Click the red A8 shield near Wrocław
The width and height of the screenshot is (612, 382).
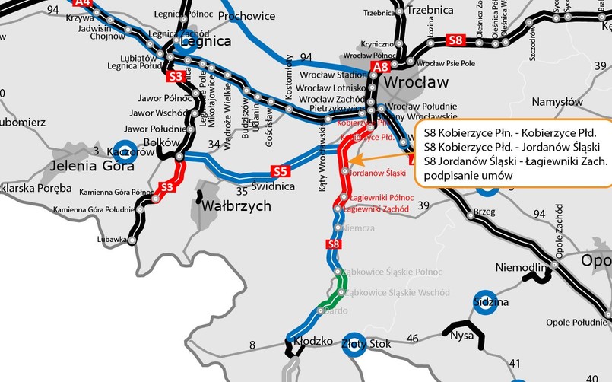pos(380,67)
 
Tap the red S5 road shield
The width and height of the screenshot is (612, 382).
pos(281,171)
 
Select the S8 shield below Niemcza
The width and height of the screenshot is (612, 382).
pos(332,244)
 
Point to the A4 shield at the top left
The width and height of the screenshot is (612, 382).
pos(84,3)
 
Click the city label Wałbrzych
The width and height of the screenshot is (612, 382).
pos(236,205)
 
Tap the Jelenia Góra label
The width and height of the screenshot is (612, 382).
pos(87,165)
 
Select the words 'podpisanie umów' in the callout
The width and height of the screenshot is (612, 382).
pos(467,175)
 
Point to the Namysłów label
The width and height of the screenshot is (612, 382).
pos(557,102)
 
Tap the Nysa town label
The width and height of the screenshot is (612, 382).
pos(462,334)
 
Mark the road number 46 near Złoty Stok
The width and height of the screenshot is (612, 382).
pos(413,338)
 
